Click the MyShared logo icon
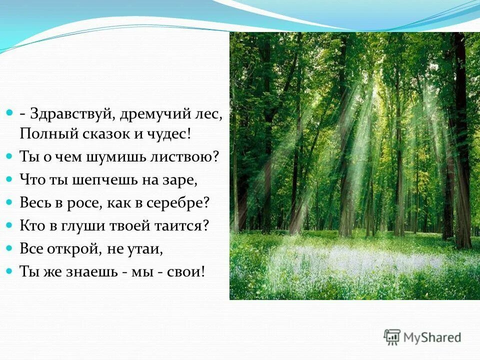[x=391, y=337]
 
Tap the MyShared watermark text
[x=433, y=337]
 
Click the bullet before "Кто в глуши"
[x=9, y=226]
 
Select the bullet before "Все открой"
[x=9, y=249]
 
